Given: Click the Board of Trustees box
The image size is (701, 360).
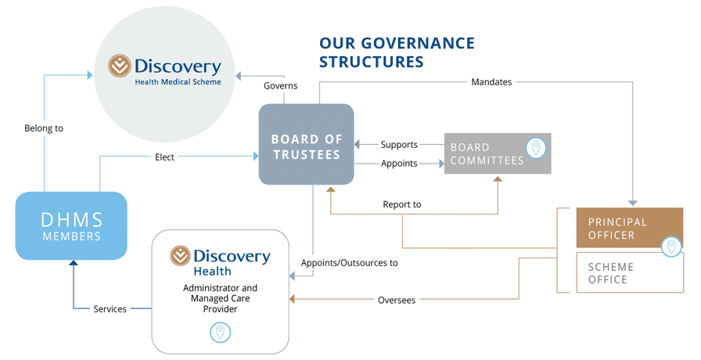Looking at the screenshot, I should [306, 145].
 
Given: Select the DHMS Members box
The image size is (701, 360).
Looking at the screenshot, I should [71, 225].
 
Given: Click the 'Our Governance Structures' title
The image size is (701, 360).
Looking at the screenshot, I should [397, 52].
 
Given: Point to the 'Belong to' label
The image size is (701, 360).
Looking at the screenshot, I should [44, 128].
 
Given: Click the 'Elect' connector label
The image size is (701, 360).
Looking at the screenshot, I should [164, 157].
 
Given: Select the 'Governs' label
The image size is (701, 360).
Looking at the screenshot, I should [280, 85].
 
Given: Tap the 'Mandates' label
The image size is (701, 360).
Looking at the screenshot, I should [491, 81].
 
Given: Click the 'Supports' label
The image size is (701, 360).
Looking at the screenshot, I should [399, 145].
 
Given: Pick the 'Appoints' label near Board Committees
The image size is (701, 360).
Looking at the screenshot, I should [399, 164].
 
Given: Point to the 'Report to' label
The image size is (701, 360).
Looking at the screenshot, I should [402, 204].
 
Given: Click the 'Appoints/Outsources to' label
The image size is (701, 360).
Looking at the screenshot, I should [349, 263].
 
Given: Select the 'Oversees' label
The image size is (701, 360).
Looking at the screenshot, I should [397, 300].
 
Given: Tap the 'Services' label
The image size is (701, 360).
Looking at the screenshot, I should [110, 309].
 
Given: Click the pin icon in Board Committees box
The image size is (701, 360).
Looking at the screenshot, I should [536, 148].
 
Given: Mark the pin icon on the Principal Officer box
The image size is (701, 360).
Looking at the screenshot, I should [671, 247].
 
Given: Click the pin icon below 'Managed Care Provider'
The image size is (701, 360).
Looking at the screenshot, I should [221, 333].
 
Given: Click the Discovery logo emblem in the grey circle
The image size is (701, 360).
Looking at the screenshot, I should [120, 66].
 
